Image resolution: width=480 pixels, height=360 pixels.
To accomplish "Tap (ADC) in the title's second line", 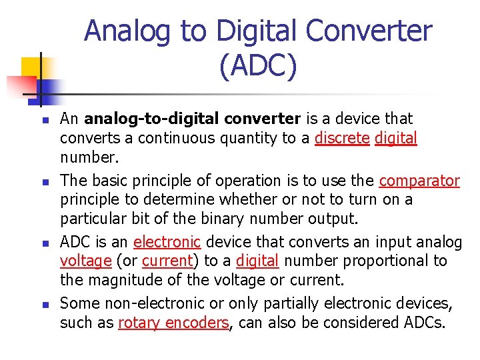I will coord(257,67).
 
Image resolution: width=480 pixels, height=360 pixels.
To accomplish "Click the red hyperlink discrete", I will coord(342,139).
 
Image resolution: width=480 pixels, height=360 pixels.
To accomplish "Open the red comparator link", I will coord(419,181).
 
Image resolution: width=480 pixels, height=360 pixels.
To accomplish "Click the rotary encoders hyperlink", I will coord(173,324).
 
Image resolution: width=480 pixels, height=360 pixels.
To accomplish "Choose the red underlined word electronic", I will coord(167,242).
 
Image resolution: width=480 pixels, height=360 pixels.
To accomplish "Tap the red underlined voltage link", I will coord(85,261).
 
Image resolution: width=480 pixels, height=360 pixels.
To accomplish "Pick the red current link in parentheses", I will coord(167,261).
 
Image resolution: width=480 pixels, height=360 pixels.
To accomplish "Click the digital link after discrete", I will coord(395,139).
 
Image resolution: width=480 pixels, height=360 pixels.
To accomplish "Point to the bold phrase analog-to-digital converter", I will coord(193,119).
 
